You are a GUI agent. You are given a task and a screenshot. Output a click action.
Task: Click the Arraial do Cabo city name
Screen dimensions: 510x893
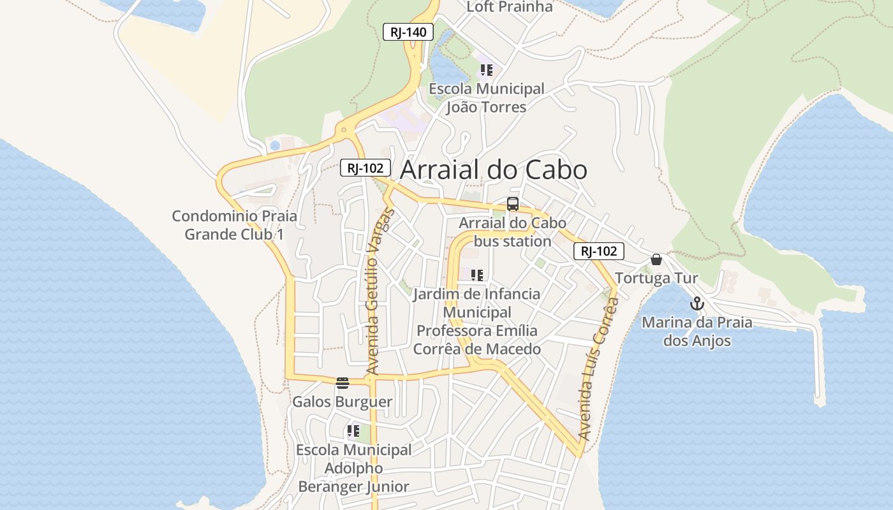493,170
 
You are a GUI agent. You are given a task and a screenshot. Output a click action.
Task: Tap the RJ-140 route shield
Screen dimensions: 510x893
408,32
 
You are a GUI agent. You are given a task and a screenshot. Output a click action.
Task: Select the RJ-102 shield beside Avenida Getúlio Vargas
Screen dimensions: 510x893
365,168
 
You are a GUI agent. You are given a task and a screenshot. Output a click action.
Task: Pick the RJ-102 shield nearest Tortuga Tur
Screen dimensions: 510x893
598,251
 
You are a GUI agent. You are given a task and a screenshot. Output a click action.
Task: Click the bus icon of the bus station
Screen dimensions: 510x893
513,204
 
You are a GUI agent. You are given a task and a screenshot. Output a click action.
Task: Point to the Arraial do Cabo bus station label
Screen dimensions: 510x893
512,233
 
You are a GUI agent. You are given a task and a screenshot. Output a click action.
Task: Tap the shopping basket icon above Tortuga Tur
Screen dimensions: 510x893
656,259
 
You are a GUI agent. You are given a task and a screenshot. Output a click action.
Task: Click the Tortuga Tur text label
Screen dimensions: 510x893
656,279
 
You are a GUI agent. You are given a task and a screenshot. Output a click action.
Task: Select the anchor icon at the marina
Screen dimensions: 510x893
697,303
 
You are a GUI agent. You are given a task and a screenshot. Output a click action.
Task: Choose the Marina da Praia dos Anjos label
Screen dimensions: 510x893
697,331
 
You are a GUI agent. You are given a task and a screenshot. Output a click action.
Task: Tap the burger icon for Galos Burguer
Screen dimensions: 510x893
343,383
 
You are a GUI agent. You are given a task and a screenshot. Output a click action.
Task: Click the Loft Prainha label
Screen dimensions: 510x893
509,7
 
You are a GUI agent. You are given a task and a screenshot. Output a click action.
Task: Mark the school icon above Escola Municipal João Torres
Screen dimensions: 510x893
487,70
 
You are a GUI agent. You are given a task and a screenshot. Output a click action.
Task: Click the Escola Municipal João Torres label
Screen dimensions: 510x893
486,98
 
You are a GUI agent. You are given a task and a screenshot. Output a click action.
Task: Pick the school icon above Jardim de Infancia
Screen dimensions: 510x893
476,275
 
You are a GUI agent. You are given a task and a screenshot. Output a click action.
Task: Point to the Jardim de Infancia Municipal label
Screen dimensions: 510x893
476,322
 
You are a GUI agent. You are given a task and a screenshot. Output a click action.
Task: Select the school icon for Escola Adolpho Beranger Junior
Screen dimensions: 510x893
353,431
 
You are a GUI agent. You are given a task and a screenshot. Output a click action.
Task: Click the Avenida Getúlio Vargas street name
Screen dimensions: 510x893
381,291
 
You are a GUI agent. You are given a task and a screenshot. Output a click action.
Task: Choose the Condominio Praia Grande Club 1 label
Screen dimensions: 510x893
234,225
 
